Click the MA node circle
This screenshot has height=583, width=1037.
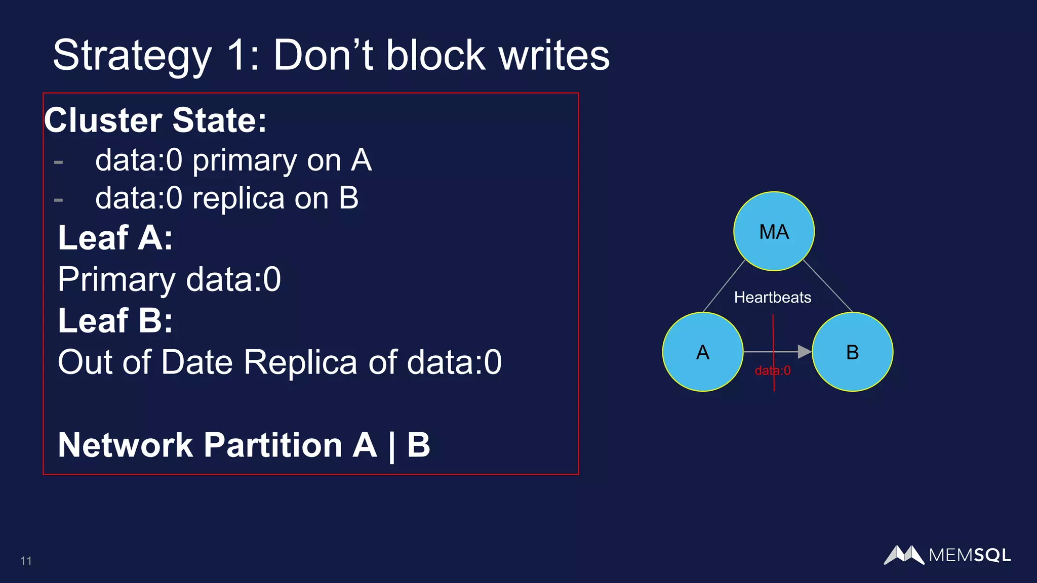click(x=774, y=231)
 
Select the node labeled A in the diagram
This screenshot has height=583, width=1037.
click(x=702, y=352)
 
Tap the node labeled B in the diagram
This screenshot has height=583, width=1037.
click(x=852, y=352)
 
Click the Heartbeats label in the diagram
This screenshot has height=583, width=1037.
click(x=772, y=297)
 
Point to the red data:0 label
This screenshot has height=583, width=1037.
click(x=772, y=370)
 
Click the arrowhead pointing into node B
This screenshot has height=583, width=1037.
click(x=804, y=351)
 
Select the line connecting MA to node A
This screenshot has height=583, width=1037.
click(x=724, y=286)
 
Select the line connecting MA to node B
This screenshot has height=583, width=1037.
click(x=828, y=286)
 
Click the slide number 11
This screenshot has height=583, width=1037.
click(x=26, y=561)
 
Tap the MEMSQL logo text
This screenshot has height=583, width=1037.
click(x=969, y=555)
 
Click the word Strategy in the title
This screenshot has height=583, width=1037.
click(x=132, y=56)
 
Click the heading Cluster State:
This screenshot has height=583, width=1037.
click(x=155, y=120)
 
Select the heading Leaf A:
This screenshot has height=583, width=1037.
click(x=115, y=237)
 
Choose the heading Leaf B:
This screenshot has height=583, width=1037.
click(x=115, y=320)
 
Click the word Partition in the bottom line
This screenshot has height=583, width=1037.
click(x=273, y=445)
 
